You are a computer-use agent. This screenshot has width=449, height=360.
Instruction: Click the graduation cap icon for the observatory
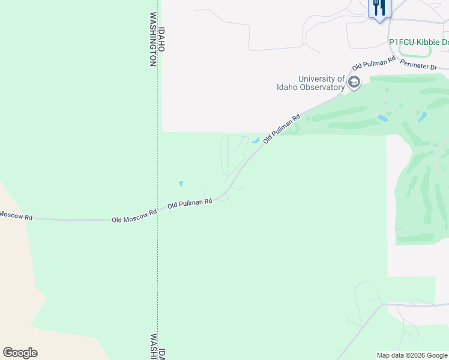click(x=354, y=83)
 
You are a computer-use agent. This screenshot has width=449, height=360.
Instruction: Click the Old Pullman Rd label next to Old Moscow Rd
click(x=190, y=203)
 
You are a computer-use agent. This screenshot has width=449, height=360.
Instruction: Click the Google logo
click(x=20, y=353)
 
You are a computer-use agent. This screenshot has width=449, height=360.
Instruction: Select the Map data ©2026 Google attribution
click(x=412, y=355)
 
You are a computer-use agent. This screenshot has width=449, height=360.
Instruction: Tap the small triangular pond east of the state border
click(x=181, y=184)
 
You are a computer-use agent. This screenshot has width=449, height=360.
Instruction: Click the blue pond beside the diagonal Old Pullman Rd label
click(x=256, y=142)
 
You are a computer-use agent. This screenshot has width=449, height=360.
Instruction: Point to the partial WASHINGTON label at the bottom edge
click(x=154, y=347)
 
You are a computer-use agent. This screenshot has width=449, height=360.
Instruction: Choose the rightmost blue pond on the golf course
click(x=423, y=116)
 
